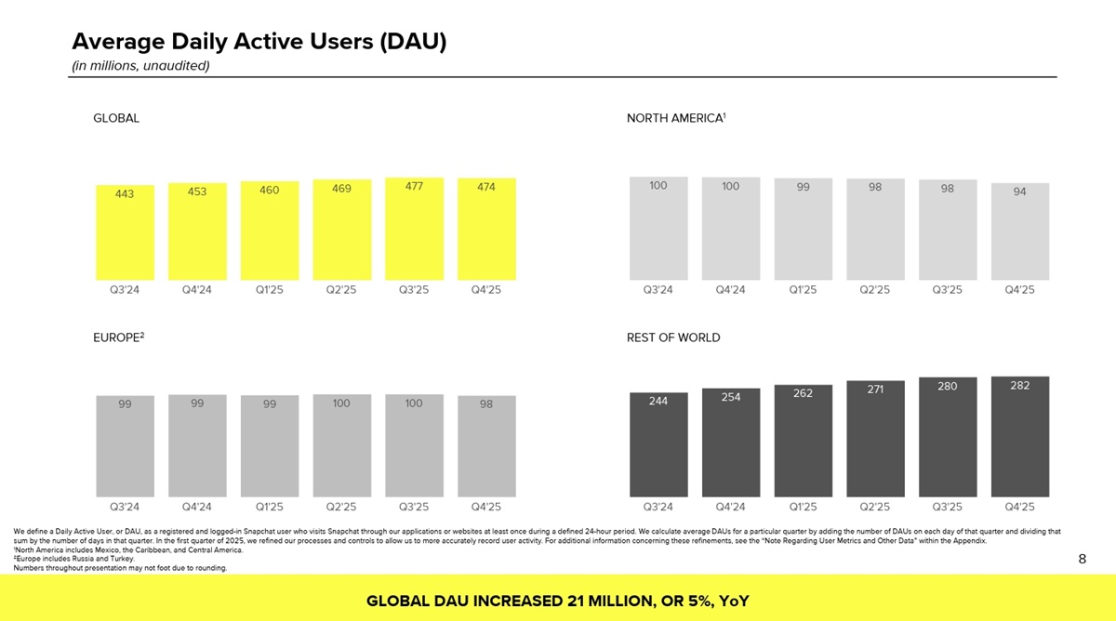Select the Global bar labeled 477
[414, 232]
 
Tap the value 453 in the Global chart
[197, 192]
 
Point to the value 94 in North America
[1020, 192]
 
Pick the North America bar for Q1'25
[803, 232]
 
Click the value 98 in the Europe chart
[486, 404]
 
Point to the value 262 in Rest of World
[803, 393]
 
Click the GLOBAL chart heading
[116, 118]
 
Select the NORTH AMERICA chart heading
[675, 118]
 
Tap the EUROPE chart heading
[118, 337]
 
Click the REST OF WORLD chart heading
[673, 337]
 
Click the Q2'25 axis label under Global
[341, 289]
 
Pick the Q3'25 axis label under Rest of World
[948, 508]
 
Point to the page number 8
[1082, 559]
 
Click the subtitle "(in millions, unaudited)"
[140, 65]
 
